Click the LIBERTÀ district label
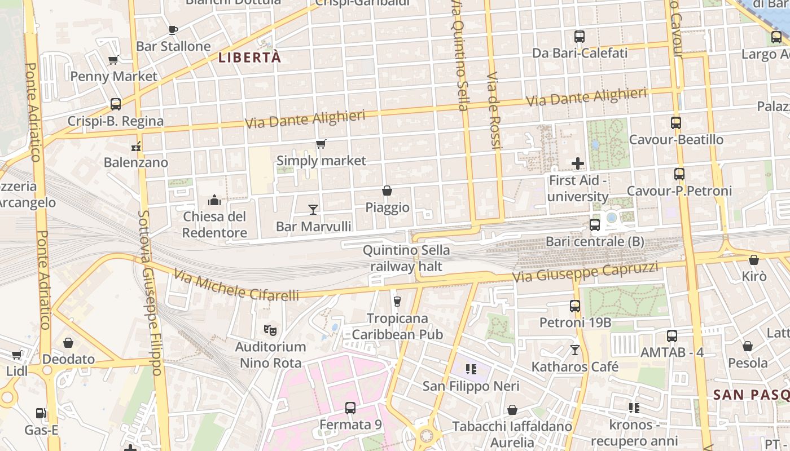(x=249, y=58)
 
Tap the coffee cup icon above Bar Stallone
(x=173, y=30)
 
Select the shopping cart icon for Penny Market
(x=113, y=60)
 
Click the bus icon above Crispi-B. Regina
(x=116, y=104)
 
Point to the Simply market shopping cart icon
(x=321, y=144)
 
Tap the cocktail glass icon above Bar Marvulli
(x=313, y=210)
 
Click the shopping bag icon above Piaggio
(x=387, y=191)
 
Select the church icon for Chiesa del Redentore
(x=214, y=200)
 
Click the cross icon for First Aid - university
(x=578, y=164)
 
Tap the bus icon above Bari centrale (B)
(x=595, y=225)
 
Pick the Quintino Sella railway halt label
(x=406, y=258)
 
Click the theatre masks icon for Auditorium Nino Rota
(x=270, y=330)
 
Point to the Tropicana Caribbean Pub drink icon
(x=397, y=302)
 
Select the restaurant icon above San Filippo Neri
(x=471, y=370)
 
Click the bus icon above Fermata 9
(x=350, y=408)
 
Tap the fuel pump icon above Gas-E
(x=41, y=414)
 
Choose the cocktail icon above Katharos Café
(x=575, y=350)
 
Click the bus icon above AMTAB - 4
(x=672, y=336)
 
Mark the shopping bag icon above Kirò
(x=754, y=260)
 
